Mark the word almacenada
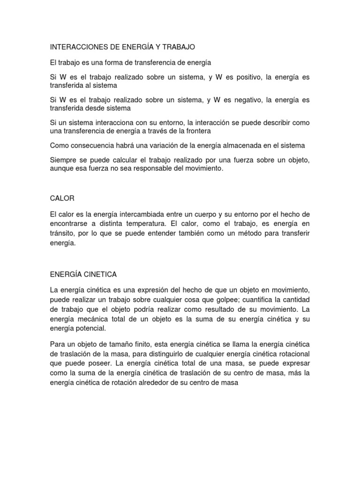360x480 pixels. [232, 145]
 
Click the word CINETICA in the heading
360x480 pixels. [99, 274]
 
